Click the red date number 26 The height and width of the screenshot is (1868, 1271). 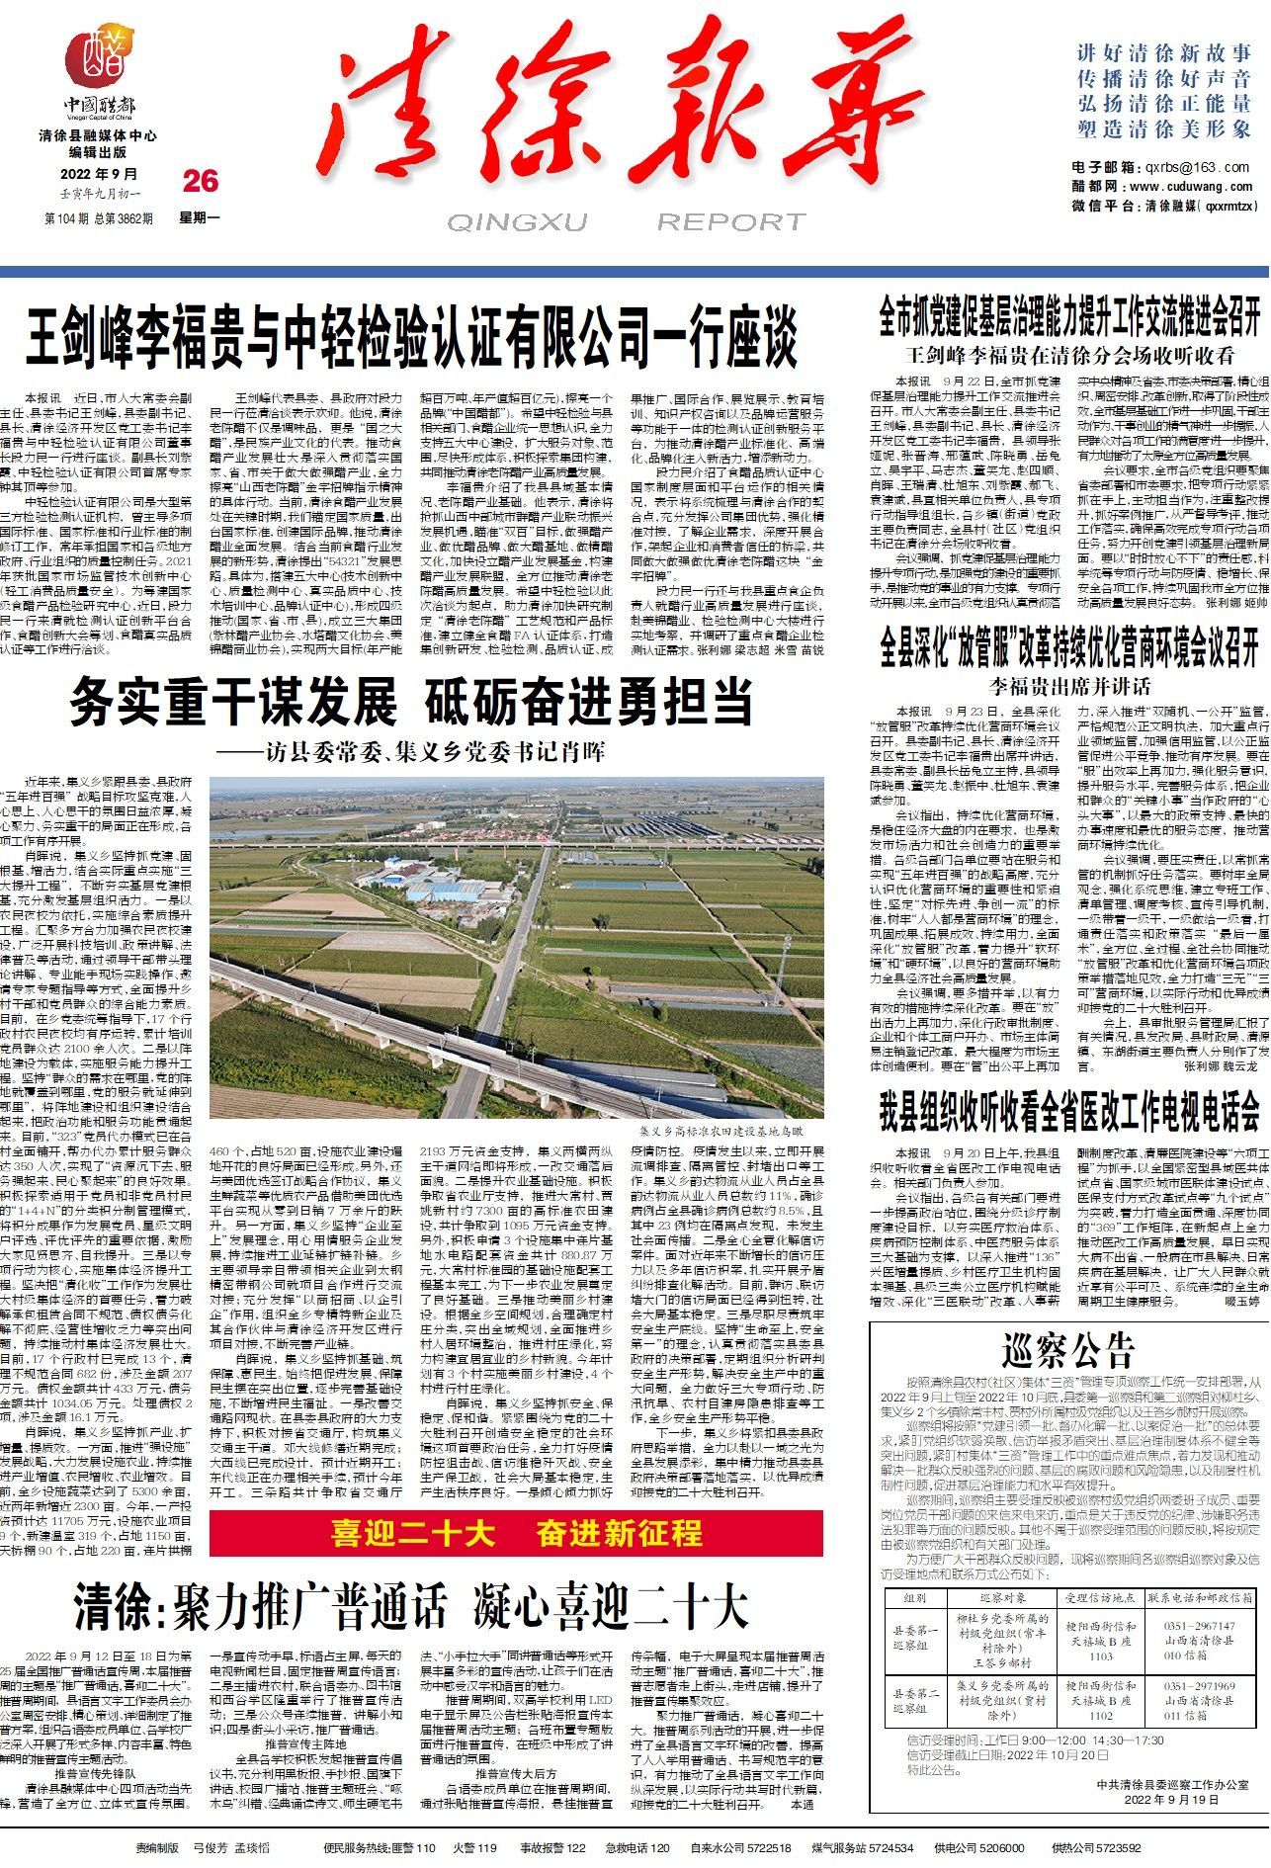point(200,181)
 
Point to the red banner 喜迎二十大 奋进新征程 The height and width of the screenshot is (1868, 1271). point(516,1561)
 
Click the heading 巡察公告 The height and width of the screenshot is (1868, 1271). point(1067,1348)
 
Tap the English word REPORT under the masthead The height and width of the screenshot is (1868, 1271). point(731,222)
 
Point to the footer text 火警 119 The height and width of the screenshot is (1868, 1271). point(473,1847)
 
